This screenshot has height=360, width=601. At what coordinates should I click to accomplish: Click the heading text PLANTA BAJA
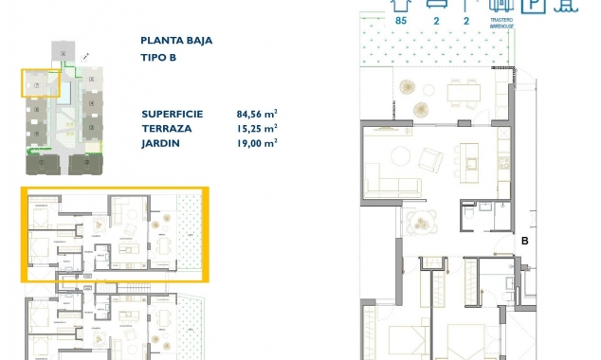coord(176,41)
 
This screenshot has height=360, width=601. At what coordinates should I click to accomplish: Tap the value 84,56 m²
coord(256,112)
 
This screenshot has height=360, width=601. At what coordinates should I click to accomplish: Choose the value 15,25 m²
coord(256,127)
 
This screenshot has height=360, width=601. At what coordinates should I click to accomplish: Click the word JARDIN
coord(161,143)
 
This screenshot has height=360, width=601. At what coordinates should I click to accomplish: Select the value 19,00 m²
coord(256,143)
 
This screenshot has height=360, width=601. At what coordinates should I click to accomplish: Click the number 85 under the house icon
coord(401,19)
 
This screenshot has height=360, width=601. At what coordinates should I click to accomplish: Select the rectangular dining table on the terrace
coord(464,93)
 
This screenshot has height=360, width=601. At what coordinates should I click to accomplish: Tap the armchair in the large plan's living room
coord(428,155)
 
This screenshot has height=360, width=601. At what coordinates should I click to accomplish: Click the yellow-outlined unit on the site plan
coord(41,83)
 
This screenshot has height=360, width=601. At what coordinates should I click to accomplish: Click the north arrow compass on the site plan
coord(86,58)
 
